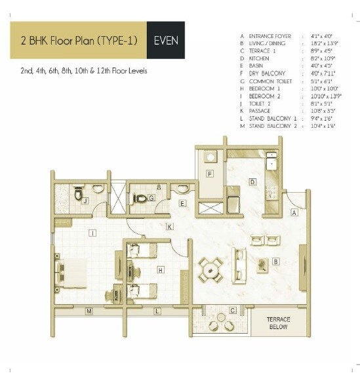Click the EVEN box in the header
(165, 41)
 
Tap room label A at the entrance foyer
(294, 212)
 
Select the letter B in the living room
(276, 262)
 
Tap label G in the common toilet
(151, 197)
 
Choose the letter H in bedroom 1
(161, 269)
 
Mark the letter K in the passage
(169, 227)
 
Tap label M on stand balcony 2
(89, 311)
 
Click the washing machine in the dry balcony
(210, 157)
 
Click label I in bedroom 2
(92, 232)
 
